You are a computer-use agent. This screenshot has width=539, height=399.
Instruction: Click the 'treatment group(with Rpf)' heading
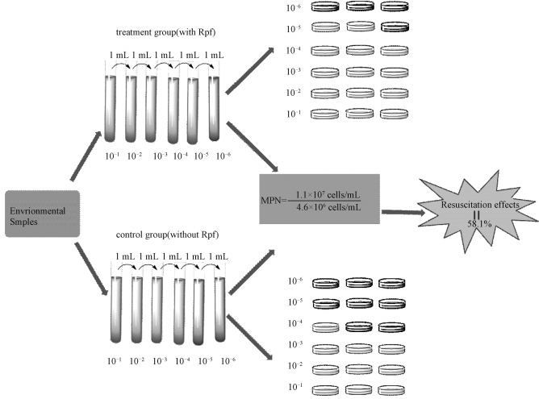(x=160, y=34)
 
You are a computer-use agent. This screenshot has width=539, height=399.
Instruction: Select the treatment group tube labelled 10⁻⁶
(x=215, y=105)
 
